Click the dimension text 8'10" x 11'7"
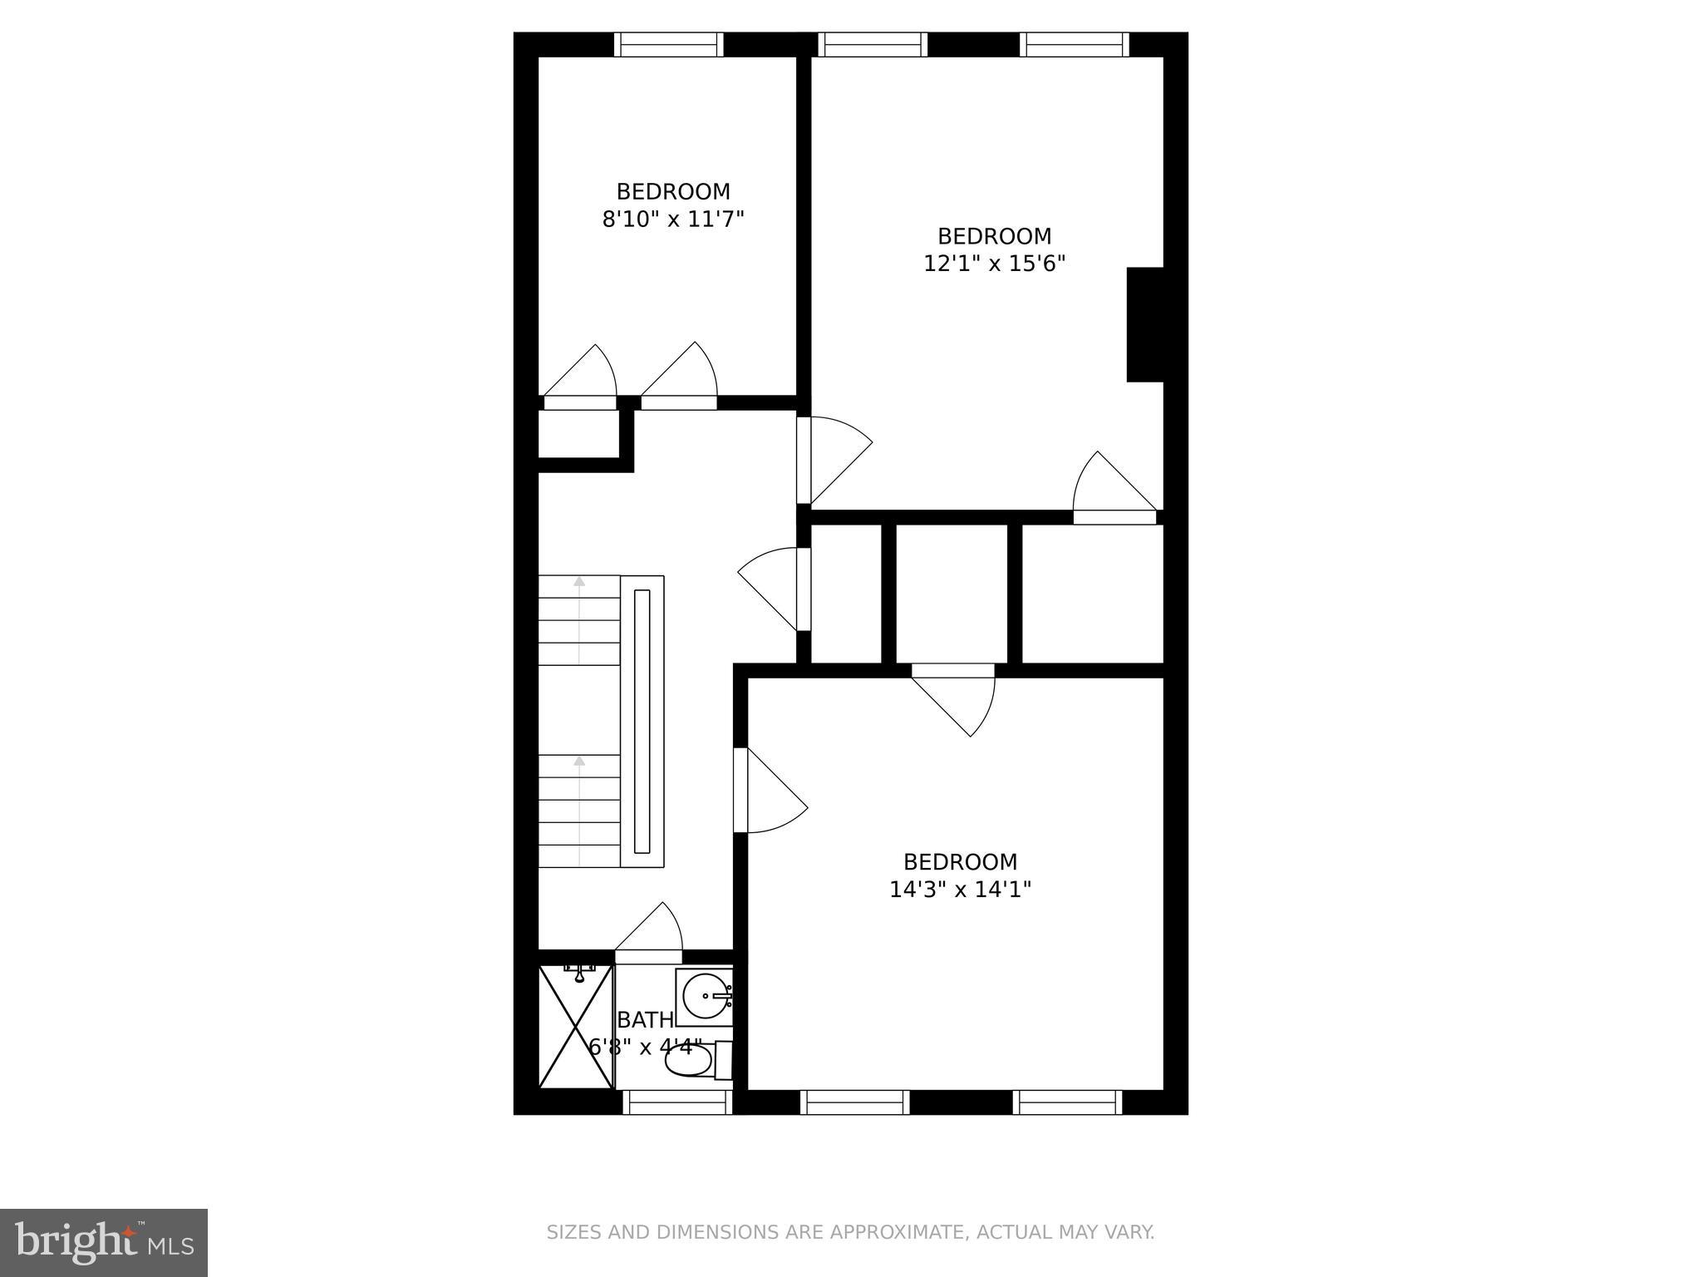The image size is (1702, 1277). tap(672, 219)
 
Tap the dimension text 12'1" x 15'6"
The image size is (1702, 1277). tap(994, 264)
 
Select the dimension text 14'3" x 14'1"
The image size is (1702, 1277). tap(960, 890)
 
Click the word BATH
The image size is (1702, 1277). tap(645, 1020)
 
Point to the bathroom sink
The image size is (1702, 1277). tap(704, 996)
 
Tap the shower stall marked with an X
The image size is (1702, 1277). tap(576, 1026)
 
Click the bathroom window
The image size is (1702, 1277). tap(677, 1102)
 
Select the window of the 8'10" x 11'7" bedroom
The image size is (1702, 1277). tap(668, 44)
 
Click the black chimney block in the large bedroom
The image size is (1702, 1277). tap(1144, 324)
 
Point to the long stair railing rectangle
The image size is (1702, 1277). tap(642, 721)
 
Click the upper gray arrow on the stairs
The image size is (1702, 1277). tap(579, 582)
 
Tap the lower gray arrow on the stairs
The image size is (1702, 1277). tap(579, 761)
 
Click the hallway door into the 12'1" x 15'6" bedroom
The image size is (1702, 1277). tap(835, 460)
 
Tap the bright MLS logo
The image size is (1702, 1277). tap(104, 1242)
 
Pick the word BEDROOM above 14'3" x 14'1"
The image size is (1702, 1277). tap(960, 862)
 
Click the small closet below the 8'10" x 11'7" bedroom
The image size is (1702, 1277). tap(579, 434)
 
